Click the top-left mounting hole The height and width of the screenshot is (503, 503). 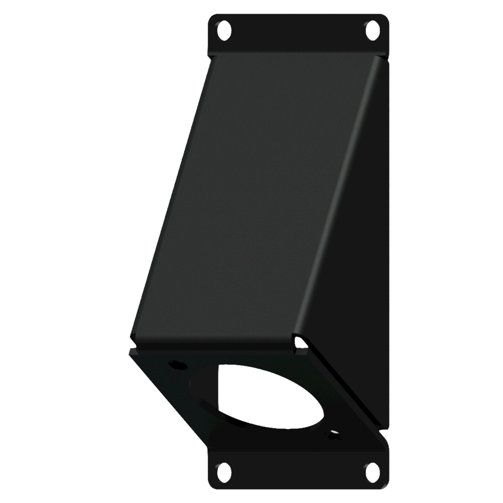click(x=224, y=31)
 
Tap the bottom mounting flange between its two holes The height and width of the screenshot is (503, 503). click(x=298, y=469)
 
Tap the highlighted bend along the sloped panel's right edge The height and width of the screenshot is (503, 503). click(x=336, y=198)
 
